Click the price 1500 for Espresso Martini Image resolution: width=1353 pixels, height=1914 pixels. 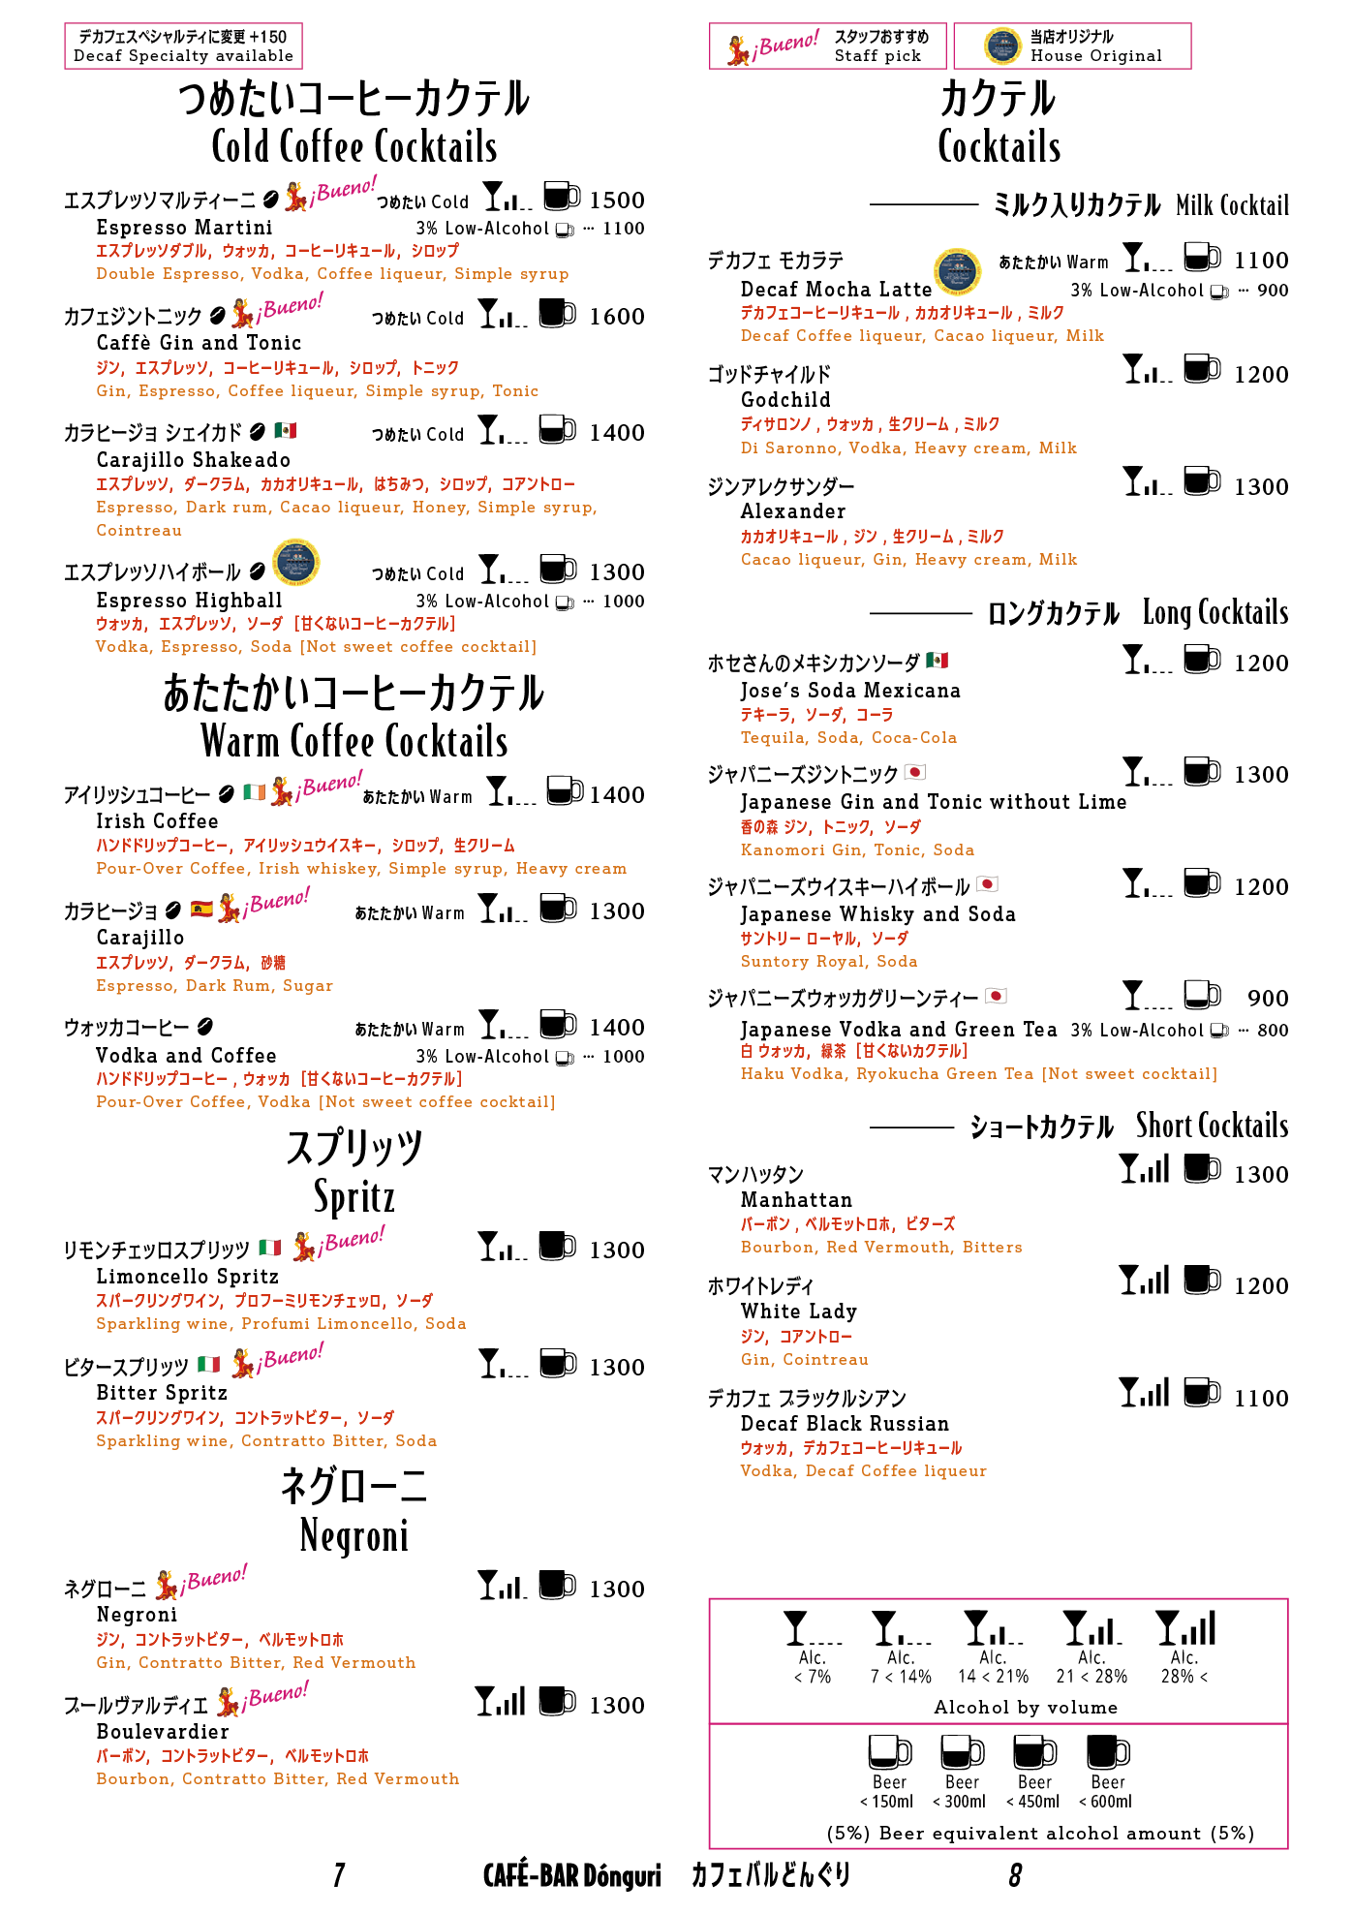[x=616, y=201]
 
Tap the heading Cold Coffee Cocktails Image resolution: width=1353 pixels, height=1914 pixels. [x=354, y=147]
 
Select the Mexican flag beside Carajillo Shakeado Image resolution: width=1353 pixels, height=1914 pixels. [x=286, y=430]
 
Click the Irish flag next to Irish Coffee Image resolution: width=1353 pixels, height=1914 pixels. [x=255, y=792]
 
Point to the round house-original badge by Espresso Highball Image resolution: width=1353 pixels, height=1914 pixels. [x=296, y=562]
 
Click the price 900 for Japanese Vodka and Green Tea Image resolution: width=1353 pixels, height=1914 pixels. [x=1267, y=999]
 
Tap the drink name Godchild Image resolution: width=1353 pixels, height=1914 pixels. [x=785, y=400]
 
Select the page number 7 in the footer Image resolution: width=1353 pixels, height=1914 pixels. [x=339, y=1876]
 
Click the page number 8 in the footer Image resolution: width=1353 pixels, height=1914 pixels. [x=1015, y=1876]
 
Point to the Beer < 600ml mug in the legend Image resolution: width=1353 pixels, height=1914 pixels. [x=1108, y=1752]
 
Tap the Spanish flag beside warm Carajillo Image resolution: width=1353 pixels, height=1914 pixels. [x=201, y=909]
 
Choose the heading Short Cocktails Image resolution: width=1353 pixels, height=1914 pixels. [x=1212, y=1126]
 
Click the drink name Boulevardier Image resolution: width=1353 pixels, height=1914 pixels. [x=163, y=1732]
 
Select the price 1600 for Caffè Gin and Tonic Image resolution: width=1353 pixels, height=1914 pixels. [x=616, y=317]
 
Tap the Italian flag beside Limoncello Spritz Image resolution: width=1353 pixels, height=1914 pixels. [x=270, y=1248]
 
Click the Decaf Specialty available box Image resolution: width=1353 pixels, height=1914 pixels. [x=183, y=46]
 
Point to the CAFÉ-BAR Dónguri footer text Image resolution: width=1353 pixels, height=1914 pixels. [x=571, y=1876]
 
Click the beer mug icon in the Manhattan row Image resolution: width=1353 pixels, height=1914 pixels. [x=1202, y=1168]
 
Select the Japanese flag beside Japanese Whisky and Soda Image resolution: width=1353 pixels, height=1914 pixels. [x=988, y=884]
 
